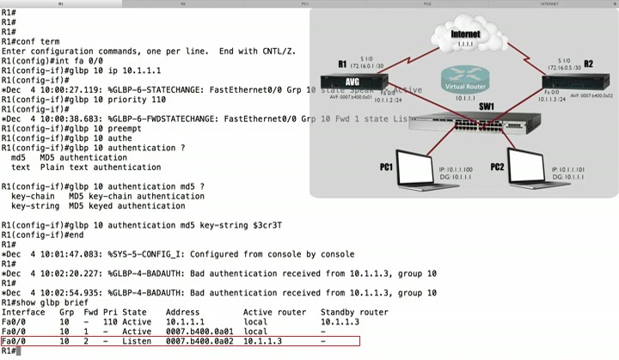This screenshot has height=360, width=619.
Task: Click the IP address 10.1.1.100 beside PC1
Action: tap(456, 169)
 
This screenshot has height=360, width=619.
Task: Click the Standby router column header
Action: tap(354, 312)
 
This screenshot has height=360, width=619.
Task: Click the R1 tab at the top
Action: tap(60, 3)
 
